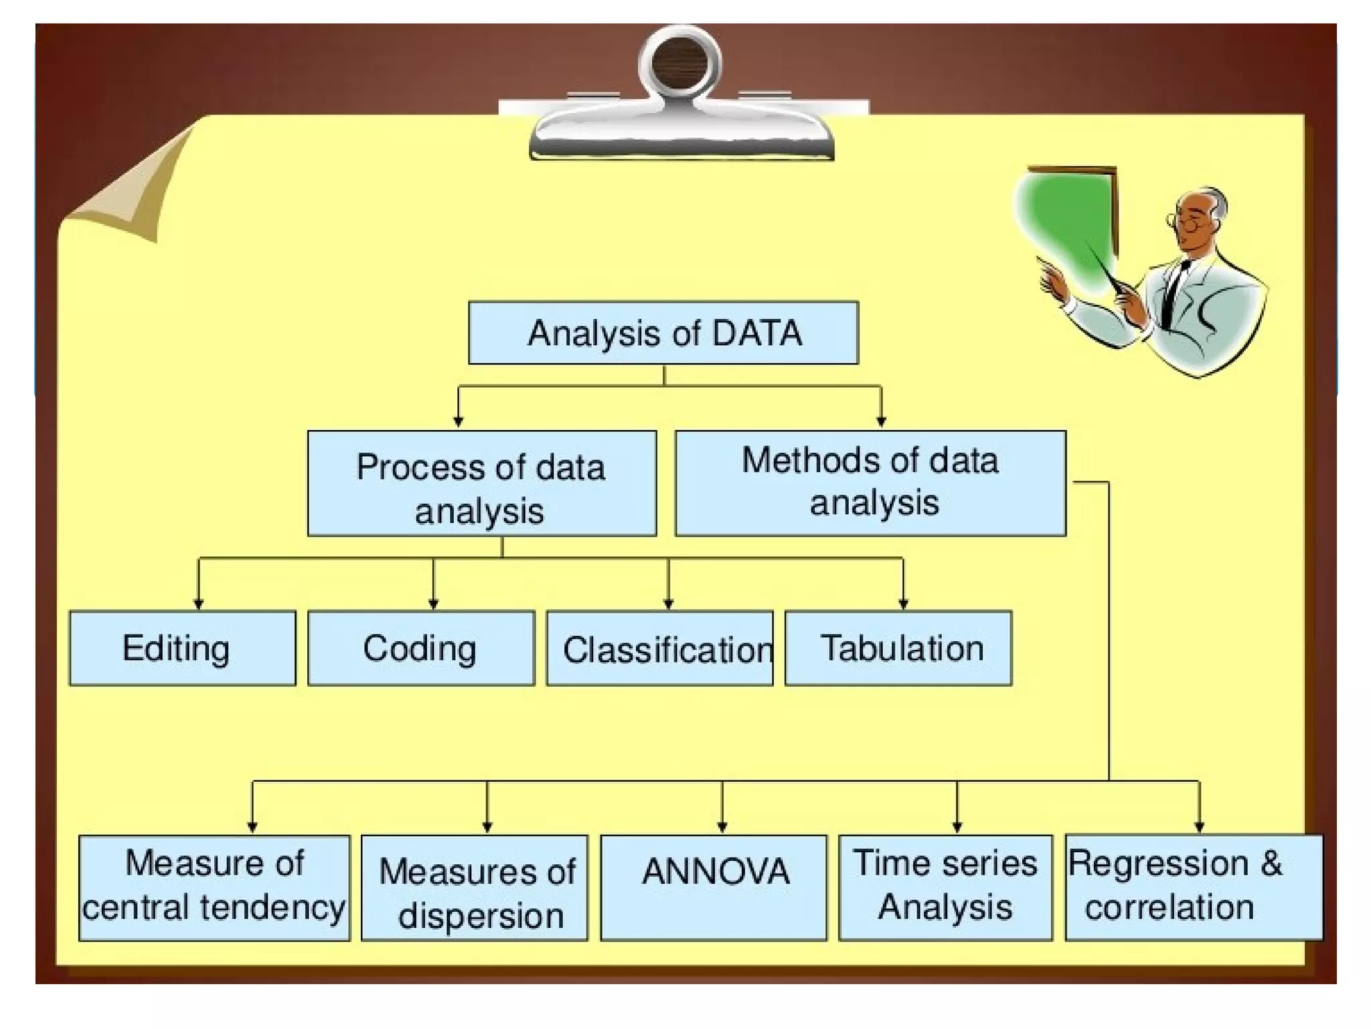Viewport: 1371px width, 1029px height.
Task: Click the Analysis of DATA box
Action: pos(663,333)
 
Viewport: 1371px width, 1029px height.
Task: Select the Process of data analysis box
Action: pos(481,483)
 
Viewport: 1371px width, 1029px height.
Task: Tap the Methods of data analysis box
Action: pos(870,483)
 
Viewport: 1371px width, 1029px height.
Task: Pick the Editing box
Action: pos(182,648)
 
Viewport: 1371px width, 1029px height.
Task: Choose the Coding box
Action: pos(420,648)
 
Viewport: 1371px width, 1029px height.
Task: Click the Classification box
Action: pos(659,648)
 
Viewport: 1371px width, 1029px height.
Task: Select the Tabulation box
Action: pos(898,648)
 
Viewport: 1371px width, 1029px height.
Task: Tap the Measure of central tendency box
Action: pos(214,888)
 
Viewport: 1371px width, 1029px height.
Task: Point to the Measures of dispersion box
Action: pos(474,888)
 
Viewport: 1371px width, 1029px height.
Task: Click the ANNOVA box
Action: pos(714,888)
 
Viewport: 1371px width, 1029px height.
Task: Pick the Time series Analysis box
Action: pos(945,888)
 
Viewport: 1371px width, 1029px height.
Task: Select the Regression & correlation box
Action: pos(1194,888)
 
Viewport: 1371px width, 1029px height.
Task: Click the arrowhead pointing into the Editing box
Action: pos(198,604)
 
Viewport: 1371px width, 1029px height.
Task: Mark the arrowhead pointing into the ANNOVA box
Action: pos(722,827)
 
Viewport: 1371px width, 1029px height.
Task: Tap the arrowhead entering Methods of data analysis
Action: pos(881,422)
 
